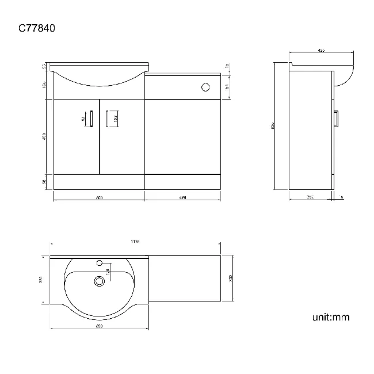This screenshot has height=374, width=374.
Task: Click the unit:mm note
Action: [x=331, y=317]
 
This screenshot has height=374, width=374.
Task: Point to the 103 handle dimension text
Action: [x=116, y=119]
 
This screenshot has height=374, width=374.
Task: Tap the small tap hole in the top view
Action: [x=100, y=264]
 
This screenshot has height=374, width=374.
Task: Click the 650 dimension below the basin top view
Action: [x=99, y=326]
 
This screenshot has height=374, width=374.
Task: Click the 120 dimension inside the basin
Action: [x=106, y=272]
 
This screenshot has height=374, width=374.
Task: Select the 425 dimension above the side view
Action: [x=321, y=51]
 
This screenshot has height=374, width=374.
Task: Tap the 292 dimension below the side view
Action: [x=310, y=197]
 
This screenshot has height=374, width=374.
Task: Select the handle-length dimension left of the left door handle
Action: [x=83, y=119]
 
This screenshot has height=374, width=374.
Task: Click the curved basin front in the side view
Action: [x=345, y=75]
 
